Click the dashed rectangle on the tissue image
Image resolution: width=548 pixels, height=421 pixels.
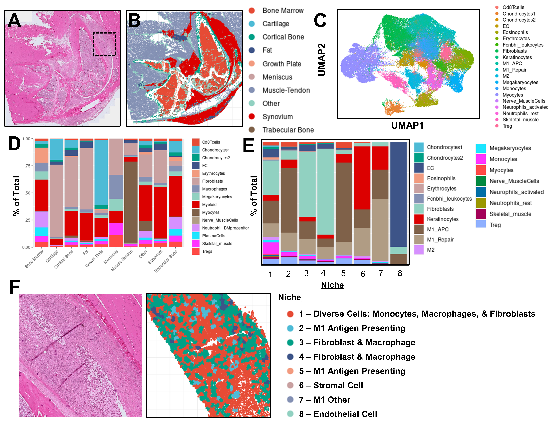pos(104,33)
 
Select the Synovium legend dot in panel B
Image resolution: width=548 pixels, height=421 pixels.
pos(252,117)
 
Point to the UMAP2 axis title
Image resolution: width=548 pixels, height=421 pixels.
pos(321,60)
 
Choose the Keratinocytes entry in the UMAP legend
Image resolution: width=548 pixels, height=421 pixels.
pos(517,57)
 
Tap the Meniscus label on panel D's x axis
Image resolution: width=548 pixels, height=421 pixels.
pos(111,257)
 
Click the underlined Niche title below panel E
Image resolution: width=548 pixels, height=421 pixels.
pos(332,285)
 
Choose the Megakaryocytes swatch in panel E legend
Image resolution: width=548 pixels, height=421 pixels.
pos(481,148)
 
